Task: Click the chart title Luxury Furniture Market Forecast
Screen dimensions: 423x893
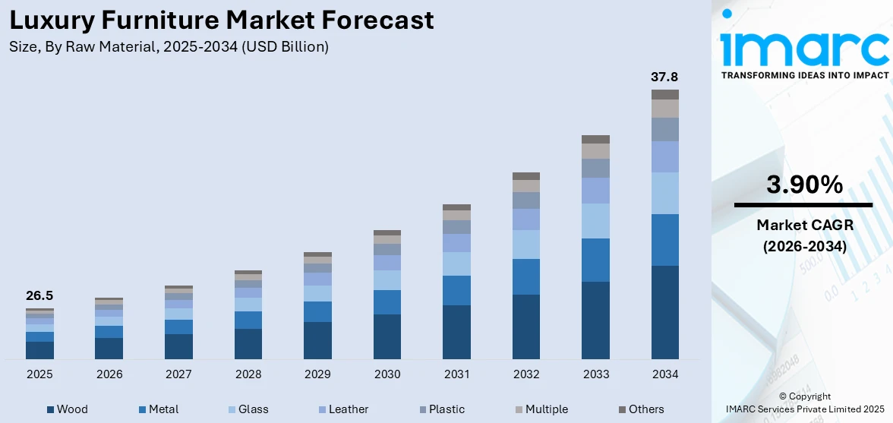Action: pyautogui.click(x=222, y=20)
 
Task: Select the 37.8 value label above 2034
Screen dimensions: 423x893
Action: pyautogui.click(x=664, y=77)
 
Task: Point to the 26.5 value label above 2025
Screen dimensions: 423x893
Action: pyautogui.click(x=39, y=295)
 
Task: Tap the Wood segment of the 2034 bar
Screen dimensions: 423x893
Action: pyautogui.click(x=664, y=312)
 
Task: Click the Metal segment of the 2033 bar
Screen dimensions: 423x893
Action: pyautogui.click(x=595, y=260)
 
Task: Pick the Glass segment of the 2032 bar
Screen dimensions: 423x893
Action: pyautogui.click(x=525, y=244)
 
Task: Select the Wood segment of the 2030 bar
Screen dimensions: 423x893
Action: pyautogui.click(x=387, y=336)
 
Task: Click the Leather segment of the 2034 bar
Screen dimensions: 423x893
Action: pyautogui.click(x=664, y=156)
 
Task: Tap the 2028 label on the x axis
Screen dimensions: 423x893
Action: pyautogui.click(x=248, y=374)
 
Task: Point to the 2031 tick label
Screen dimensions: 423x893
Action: pyautogui.click(x=456, y=374)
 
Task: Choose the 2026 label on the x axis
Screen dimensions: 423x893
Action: pyautogui.click(x=109, y=374)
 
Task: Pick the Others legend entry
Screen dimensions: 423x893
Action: pyautogui.click(x=640, y=409)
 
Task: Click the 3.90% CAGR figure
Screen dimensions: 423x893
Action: pyautogui.click(x=804, y=185)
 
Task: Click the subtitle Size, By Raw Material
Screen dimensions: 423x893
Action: pyautogui.click(x=169, y=46)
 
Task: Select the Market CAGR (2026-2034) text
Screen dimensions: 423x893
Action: pyautogui.click(x=804, y=235)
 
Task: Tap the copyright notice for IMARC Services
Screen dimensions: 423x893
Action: pyautogui.click(x=804, y=403)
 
